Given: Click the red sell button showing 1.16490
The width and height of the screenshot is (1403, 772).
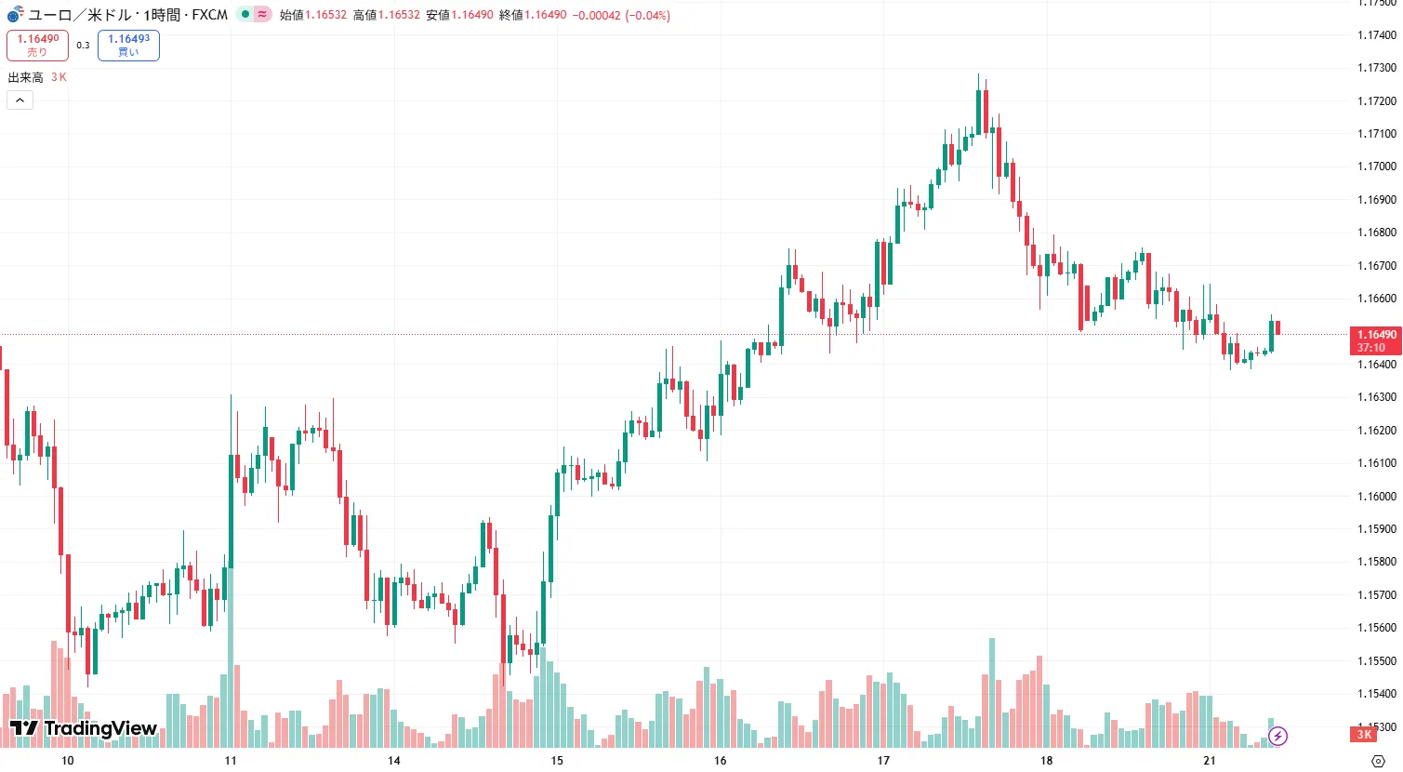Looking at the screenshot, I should point(37,45).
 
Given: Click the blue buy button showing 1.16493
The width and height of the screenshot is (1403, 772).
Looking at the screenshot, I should point(128,45).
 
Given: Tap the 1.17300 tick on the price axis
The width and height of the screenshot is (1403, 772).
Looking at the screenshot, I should point(1376,68).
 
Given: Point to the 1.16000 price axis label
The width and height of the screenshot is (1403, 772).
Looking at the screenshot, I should point(1376,497).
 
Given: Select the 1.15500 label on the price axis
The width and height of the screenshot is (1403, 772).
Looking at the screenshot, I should point(1376,661).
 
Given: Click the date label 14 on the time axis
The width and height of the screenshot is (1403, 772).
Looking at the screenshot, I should point(394,761).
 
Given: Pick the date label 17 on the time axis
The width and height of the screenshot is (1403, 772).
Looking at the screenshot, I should point(883,761).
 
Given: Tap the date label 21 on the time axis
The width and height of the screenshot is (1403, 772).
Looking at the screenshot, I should point(1210,761).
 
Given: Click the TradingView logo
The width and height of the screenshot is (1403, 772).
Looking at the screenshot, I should point(84,728).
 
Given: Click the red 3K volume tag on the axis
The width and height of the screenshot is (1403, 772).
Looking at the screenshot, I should point(1364,735).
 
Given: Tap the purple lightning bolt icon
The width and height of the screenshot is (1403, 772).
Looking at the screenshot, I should point(1278,737).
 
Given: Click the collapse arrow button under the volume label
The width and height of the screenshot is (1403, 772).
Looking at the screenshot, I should point(20,100).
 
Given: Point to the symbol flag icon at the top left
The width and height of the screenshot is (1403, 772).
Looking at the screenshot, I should point(15,15).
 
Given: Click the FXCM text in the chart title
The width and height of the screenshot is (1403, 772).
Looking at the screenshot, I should point(210,15).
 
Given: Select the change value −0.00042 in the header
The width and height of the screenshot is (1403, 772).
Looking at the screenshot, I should point(596,15).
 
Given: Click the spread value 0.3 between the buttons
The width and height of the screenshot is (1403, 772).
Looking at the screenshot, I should point(83,45).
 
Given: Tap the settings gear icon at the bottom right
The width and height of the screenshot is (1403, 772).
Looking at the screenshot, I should point(1378,761).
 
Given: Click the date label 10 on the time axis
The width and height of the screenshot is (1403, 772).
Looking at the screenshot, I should point(68,761).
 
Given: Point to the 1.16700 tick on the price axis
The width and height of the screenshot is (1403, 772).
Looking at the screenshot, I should point(1376,266).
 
